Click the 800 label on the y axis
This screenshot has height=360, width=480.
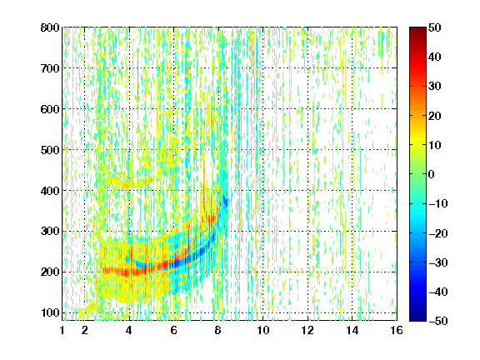[50, 27]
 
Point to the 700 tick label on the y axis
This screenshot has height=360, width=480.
[50, 68]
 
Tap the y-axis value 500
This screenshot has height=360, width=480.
[50, 150]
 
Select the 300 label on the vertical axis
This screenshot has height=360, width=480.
[50, 232]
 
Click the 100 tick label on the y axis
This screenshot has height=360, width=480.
[50, 312]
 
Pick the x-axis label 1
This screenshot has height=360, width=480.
[62, 330]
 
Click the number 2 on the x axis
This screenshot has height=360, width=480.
[84, 330]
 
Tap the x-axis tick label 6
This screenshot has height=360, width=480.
[173, 330]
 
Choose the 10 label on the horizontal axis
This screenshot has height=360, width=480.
[262, 330]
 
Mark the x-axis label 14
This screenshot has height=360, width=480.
[352, 330]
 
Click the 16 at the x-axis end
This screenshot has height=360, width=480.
[397, 330]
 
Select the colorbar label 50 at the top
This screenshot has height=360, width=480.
[435, 27]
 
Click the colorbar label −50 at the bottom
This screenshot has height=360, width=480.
[438, 321]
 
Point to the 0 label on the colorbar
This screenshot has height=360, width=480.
[432, 174]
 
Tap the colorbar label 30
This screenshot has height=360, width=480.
[435, 87]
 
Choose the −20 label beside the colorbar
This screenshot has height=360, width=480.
[438, 233]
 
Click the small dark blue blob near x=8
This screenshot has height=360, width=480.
[226, 202]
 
